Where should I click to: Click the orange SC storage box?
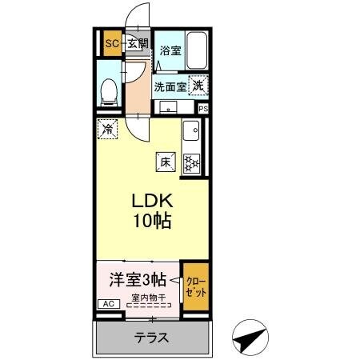coord(111,44)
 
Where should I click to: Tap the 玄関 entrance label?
coord(137,43)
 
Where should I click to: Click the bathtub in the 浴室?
coord(196,49)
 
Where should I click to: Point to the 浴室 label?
coord(169,50)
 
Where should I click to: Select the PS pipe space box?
coord(203,108)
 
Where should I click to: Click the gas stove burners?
coord(192,163)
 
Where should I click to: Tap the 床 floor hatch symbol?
coord(166,162)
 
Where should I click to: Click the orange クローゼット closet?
coord(195,288)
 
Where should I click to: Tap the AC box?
coord(106,304)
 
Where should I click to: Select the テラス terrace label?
coord(151,338)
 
